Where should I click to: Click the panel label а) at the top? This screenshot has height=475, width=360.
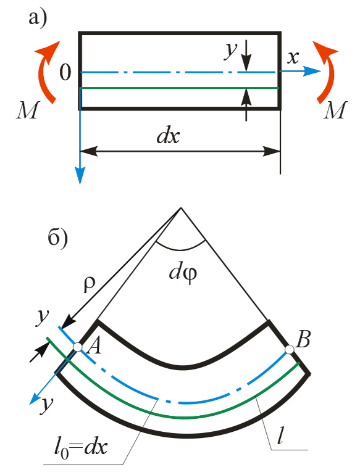(x=38, y=19)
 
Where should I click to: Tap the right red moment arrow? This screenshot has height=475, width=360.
(x=327, y=72)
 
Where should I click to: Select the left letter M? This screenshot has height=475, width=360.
(x=28, y=110)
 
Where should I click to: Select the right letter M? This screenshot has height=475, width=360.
(x=335, y=110)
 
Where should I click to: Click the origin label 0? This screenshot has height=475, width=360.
(x=65, y=73)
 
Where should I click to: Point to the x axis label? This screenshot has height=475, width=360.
(x=293, y=57)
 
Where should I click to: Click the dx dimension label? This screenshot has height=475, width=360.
(x=168, y=136)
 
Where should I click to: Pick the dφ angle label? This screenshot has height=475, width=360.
(x=183, y=273)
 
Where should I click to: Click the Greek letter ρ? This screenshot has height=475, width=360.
(x=89, y=285)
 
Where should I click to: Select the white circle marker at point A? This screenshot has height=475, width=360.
(x=77, y=347)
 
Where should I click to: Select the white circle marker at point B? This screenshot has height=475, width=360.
(x=290, y=349)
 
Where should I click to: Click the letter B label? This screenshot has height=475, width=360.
(x=303, y=339)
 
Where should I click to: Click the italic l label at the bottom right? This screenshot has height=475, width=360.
(x=281, y=436)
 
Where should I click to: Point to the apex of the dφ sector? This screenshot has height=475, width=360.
(x=181, y=208)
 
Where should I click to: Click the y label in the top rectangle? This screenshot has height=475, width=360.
(x=230, y=51)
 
